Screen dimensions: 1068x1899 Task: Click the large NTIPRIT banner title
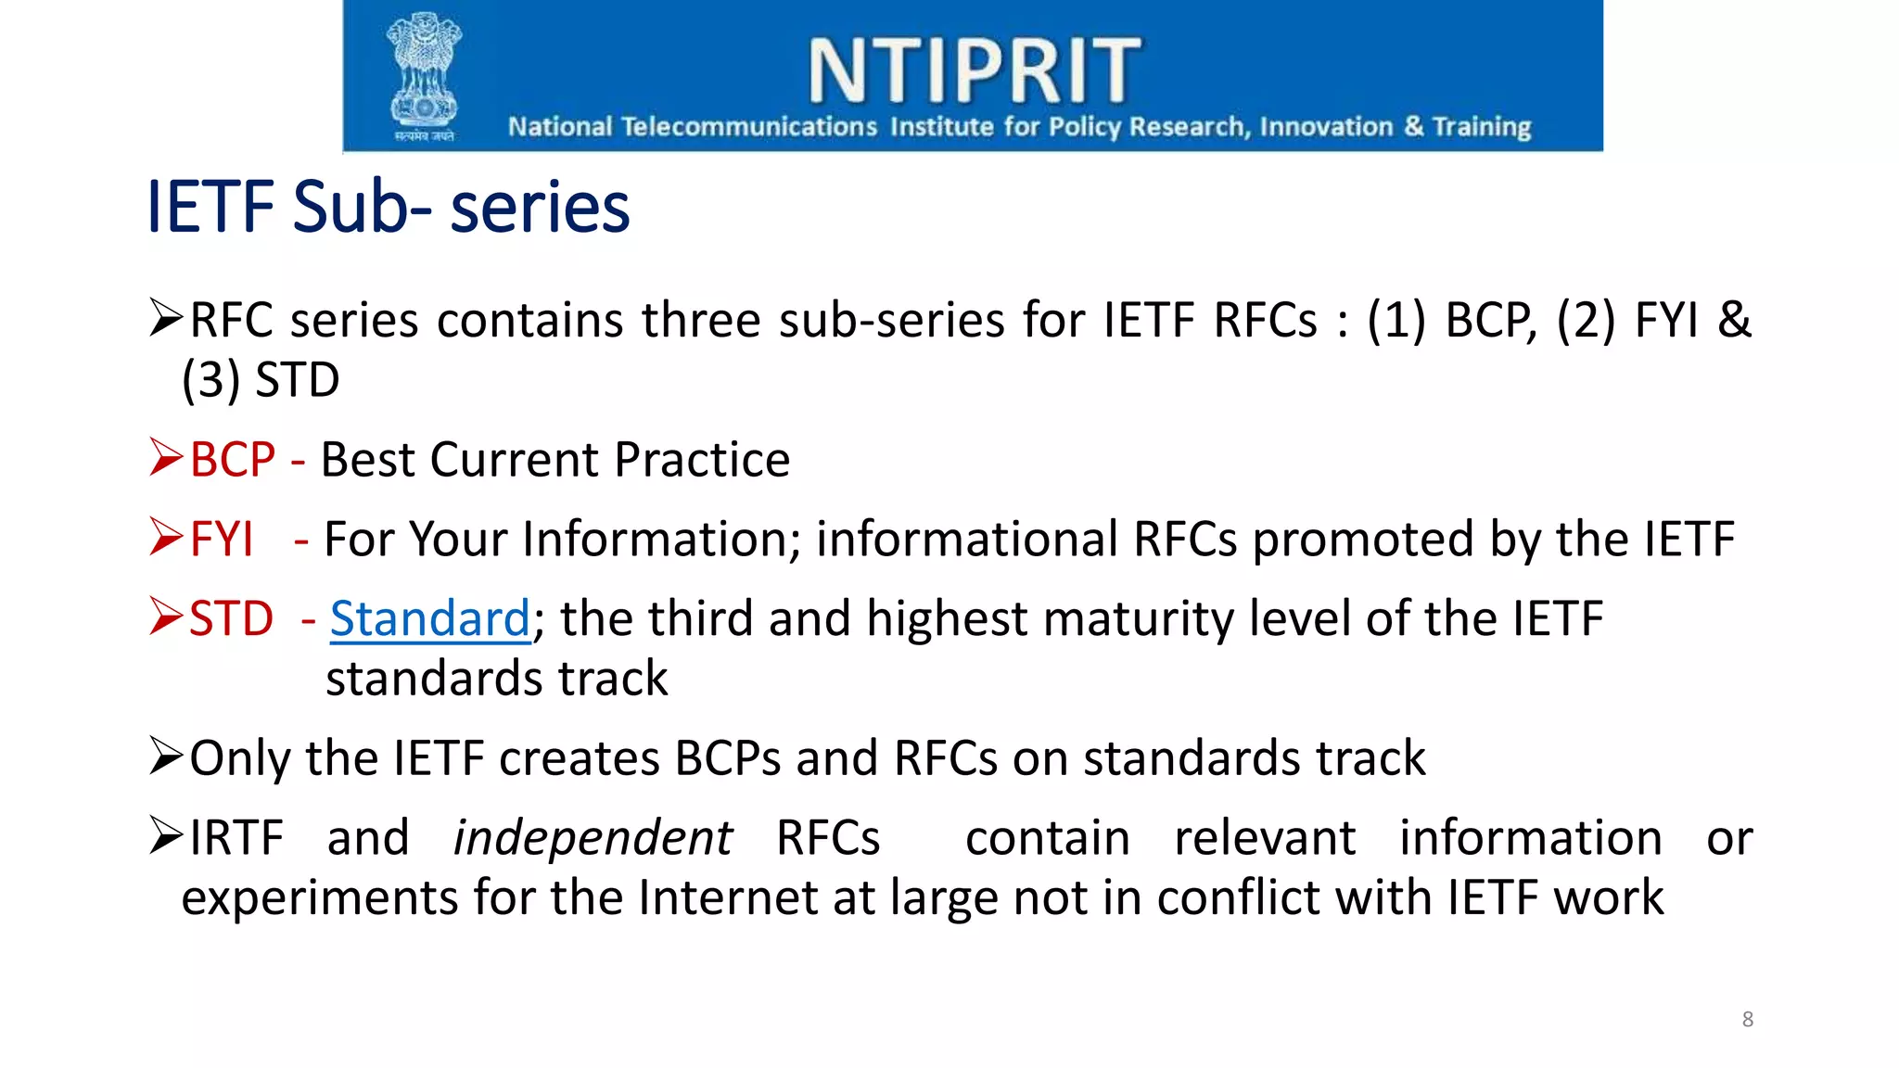tap(974, 70)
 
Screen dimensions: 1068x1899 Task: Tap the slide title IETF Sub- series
tap(389, 207)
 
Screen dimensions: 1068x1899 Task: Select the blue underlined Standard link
tap(429, 618)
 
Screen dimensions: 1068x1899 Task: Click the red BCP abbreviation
tap(233, 460)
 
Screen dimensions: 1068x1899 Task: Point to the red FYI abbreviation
tap(222, 540)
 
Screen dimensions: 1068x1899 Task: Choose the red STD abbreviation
tap(231, 618)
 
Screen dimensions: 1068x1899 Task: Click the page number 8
tap(1747, 1020)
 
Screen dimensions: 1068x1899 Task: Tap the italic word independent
tap(593, 838)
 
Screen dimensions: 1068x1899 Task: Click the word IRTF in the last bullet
tap(236, 838)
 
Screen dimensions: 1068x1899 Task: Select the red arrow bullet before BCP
tap(166, 457)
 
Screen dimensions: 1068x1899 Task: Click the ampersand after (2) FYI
tap(1734, 320)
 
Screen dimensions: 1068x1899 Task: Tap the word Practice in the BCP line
tap(702, 460)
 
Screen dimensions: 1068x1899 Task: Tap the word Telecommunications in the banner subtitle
tap(748, 126)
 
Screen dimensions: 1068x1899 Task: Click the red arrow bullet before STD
tap(166, 617)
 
